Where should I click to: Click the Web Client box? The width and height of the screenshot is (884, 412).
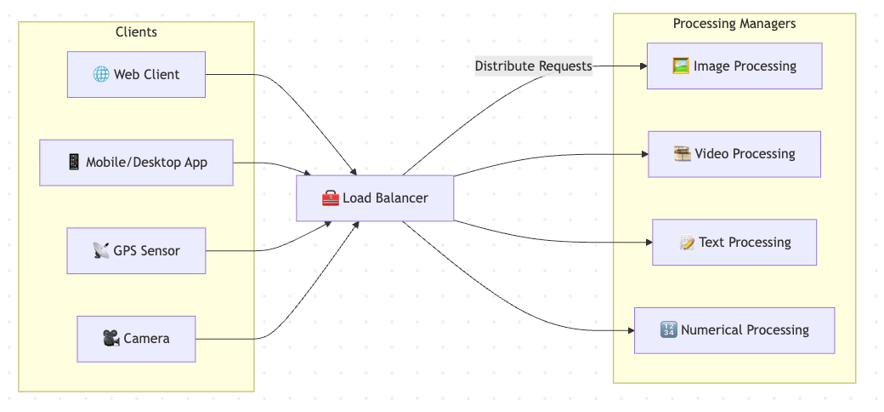[136, 74]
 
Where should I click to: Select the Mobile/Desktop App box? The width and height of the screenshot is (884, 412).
[136, 163]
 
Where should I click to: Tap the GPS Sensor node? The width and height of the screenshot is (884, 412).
[136, 250]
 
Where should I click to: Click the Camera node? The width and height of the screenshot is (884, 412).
[136, 339]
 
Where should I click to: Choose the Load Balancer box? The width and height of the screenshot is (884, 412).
[375, 198]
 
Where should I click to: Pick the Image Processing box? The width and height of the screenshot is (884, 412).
[734, 66]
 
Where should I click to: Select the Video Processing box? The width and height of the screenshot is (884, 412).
[734, 154]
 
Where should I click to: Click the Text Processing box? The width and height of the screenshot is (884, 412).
[734, 243]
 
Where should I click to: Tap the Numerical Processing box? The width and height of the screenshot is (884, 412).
[734, 330]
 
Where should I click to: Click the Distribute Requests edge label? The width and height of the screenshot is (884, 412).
[533, 66]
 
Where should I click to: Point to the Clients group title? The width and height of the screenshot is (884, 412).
[136, 32]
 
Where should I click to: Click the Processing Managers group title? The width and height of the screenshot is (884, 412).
[734, 24]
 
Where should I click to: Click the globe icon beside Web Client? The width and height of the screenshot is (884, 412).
[101, 74]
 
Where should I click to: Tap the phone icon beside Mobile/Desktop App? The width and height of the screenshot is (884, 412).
[73, 163]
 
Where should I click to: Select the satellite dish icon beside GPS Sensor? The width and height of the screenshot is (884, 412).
[101, 251]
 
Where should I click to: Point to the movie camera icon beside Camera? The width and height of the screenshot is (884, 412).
[111, 339]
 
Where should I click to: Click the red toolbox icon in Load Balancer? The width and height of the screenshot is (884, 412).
[331, 198]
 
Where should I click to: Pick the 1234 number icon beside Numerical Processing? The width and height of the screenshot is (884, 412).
[668, 330]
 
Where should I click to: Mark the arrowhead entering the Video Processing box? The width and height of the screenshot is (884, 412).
[644, 154]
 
